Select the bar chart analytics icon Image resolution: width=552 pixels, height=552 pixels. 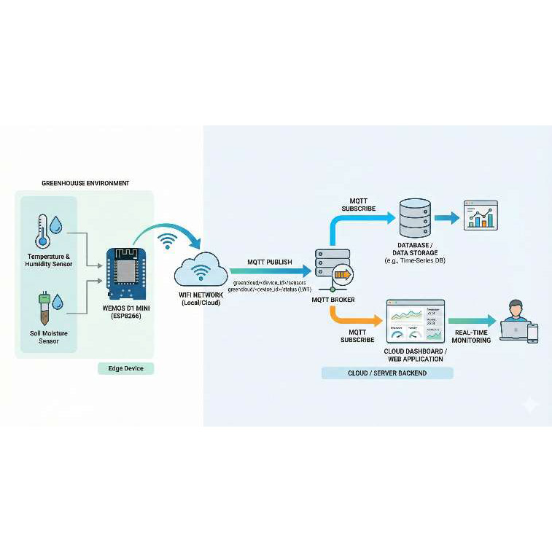pos(481,216)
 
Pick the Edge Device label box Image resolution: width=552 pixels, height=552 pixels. pos(126,368)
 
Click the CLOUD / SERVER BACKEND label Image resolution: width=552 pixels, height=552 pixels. pos(387,373)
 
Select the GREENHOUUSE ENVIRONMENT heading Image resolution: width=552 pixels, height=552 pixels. pos(85,183)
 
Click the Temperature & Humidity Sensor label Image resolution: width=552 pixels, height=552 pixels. pos(49,261)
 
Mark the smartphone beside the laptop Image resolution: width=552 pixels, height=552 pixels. pos(532,333)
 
